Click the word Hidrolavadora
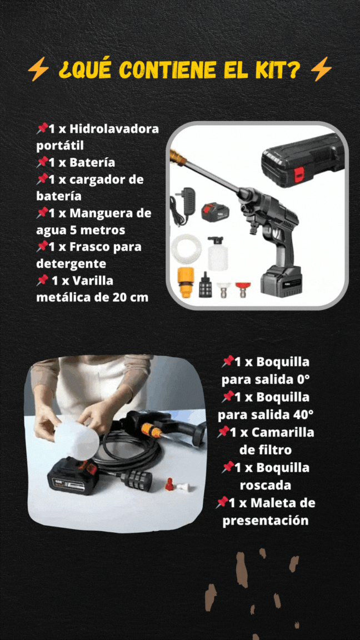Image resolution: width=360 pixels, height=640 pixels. click(x=114, y=129)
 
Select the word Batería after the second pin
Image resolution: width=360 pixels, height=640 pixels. click(x=92, y=162)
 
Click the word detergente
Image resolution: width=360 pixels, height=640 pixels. click(x=71, y=264)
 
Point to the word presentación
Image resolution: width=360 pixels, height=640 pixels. click(x=266, y=521)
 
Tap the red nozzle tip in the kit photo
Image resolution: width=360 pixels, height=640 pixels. click(x=243, y=288)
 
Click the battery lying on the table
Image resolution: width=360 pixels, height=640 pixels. click(x=73, y=475)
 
